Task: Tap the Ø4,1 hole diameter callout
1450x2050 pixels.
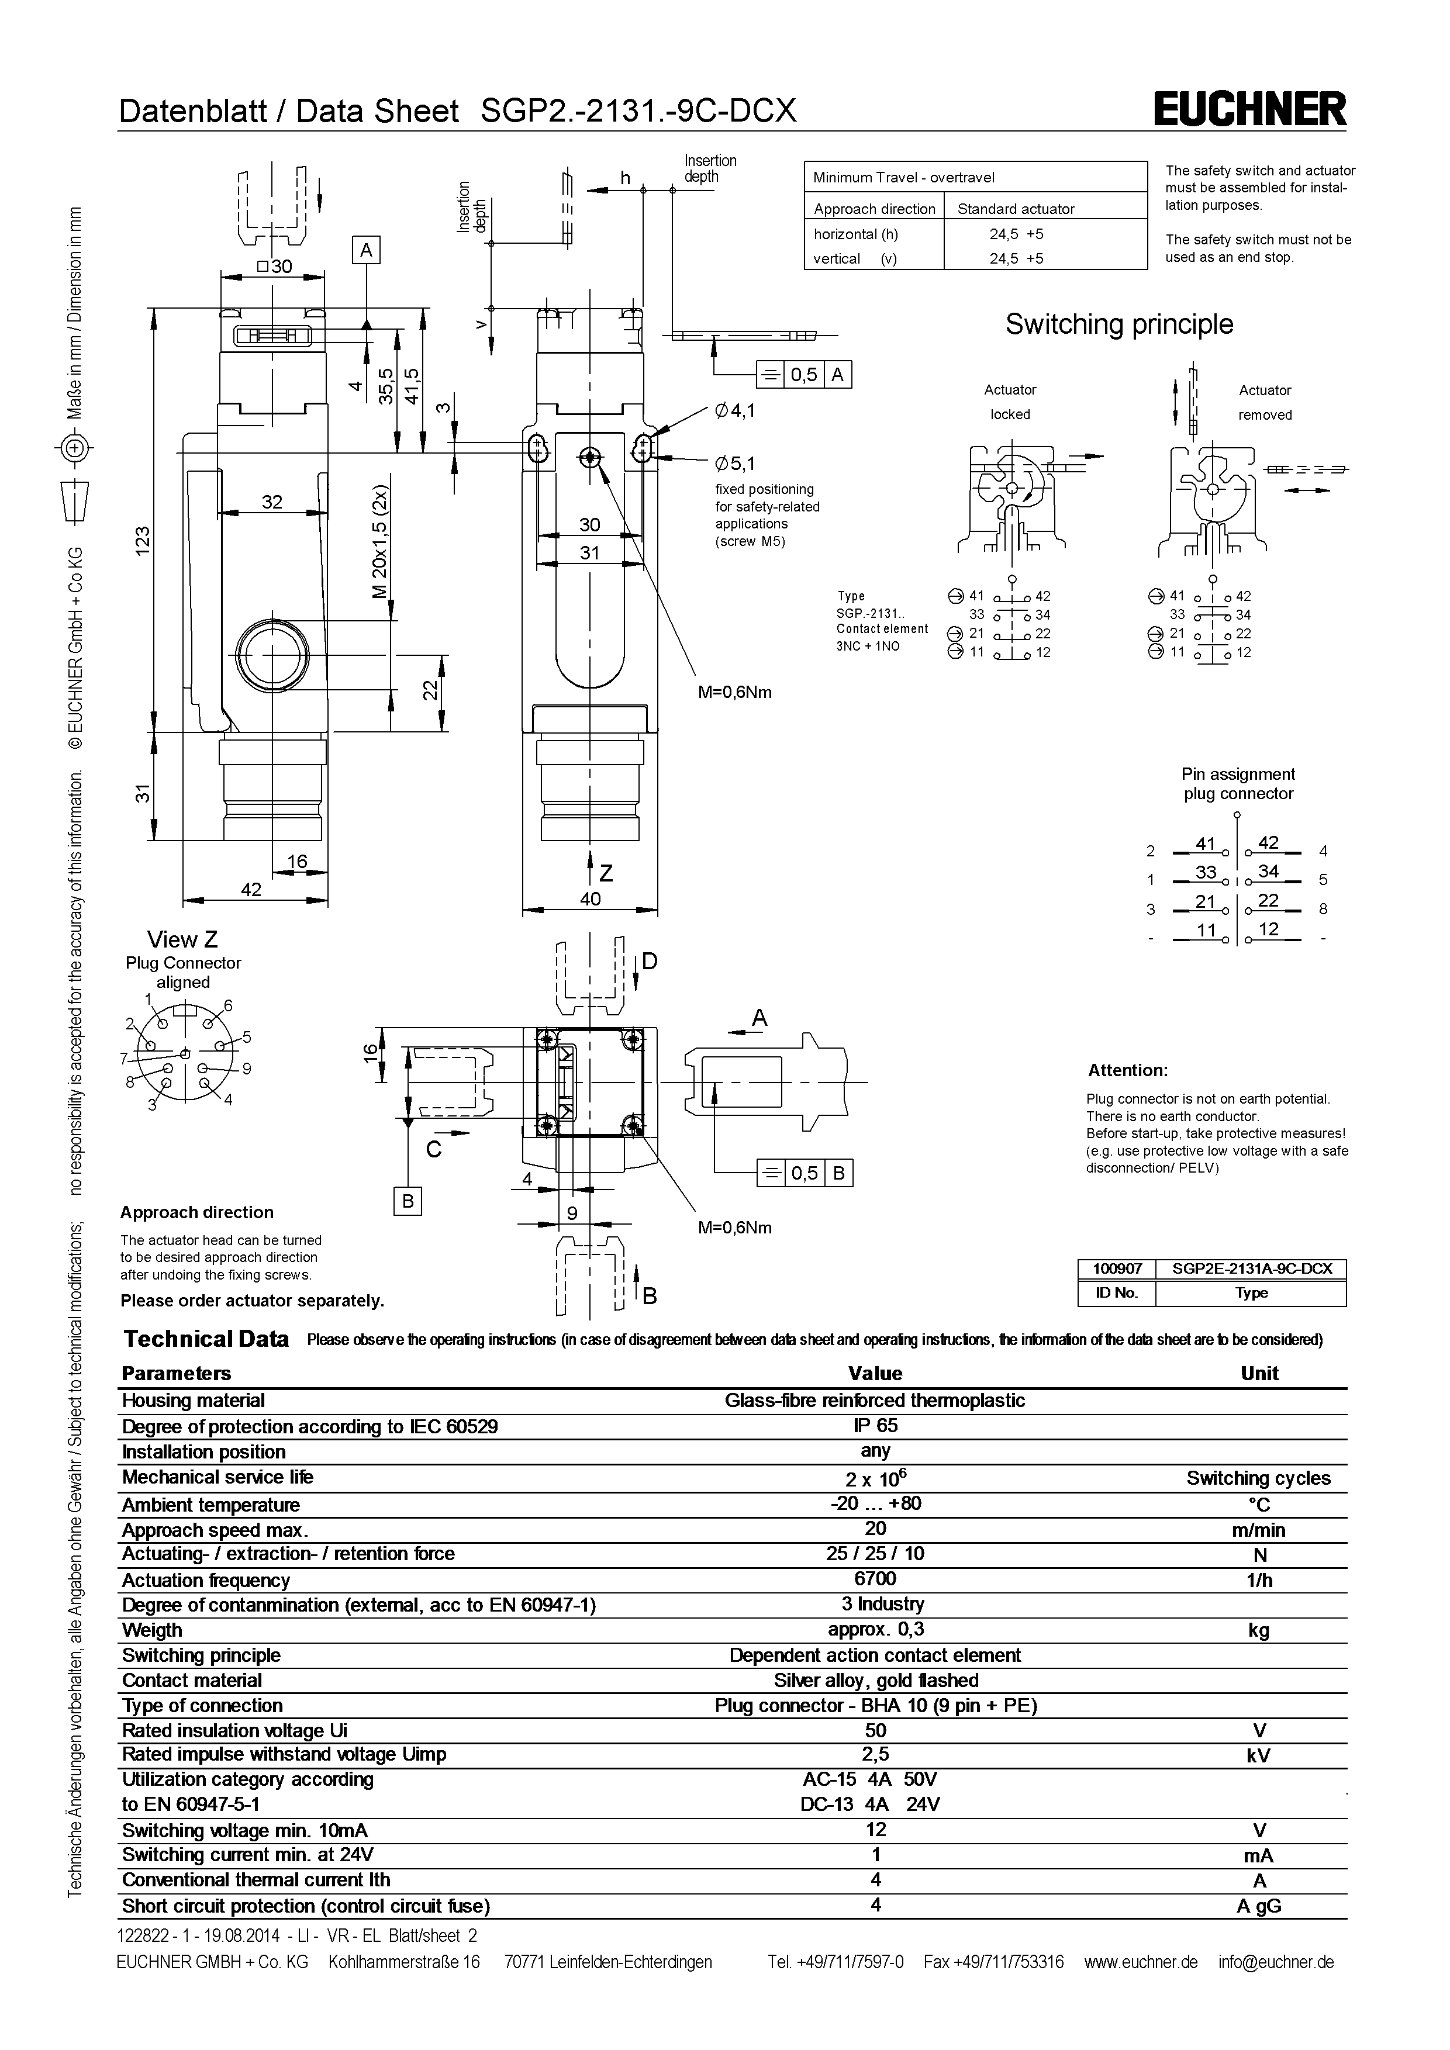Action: click(x=735, y=411)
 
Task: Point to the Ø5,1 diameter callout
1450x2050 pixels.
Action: click(x=735, y=464)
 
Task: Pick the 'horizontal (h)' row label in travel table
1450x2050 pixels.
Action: click(x=855, y=234)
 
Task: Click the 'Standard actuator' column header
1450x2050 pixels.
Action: click(x=1016, y=209)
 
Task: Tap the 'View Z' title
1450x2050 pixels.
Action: click(x=182, y=939)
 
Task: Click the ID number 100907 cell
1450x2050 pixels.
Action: click(x=1117, y=1268)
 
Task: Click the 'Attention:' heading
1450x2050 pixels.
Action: click(x=1128, y=1070)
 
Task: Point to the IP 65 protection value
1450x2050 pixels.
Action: click(x=875, y=1426)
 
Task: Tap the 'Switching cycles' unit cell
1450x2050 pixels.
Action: click(x=1258, y=1478)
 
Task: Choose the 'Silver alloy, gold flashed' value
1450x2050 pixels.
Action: click(x=875, y=1681)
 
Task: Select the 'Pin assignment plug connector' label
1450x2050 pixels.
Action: click(x=1238, y=784)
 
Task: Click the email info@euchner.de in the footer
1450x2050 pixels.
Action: click(x=1275, y=1962)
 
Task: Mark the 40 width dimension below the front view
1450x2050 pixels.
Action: click(x=590, y=899)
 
